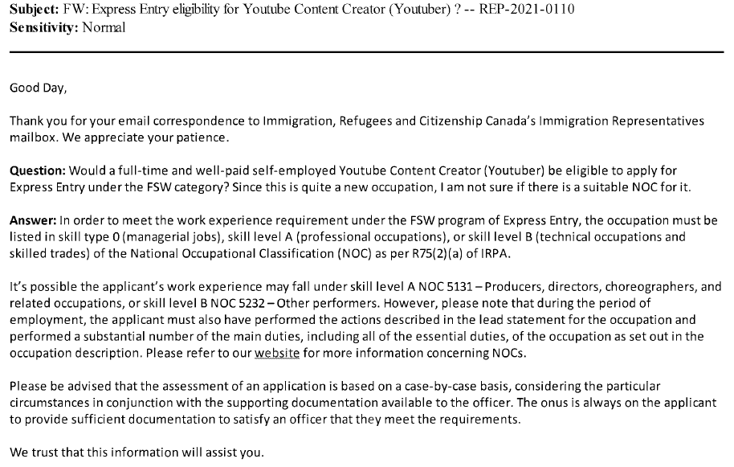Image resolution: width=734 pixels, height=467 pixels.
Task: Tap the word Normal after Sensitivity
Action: click(104, 27)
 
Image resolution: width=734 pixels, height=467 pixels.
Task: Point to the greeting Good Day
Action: click(39, 88)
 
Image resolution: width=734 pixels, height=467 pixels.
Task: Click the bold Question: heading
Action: click(38, 171)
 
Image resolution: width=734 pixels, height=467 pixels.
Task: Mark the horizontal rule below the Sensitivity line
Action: click(366, 52)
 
